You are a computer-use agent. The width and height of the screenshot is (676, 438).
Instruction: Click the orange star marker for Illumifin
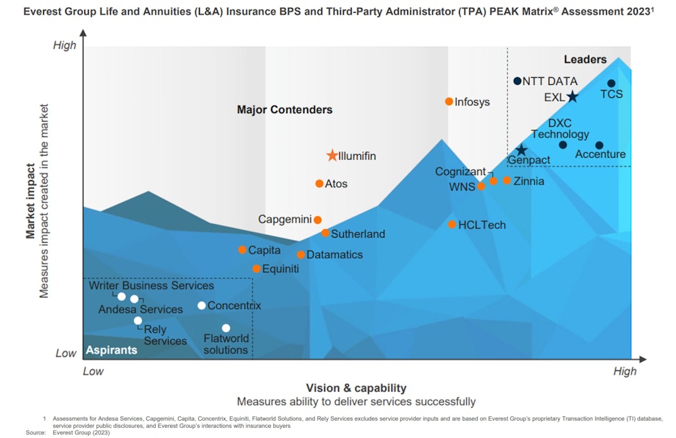[x=332, y=156]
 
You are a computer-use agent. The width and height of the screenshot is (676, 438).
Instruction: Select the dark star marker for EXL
[x=572, y=97]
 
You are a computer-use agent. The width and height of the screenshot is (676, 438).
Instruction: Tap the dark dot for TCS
[x=611, y=84]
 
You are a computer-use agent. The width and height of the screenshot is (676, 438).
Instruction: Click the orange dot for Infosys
[x=449, y=102]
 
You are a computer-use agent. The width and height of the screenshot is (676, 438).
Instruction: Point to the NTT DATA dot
[x=517, y=81]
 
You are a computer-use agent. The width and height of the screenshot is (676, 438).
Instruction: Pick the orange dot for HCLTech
[x=452, y=225]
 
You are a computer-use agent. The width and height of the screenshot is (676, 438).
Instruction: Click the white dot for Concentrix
[x=202, y=305]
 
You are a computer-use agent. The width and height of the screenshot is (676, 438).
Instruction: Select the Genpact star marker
[x=521, y=150]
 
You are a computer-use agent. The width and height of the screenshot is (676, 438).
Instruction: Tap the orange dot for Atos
[x=319, y=184]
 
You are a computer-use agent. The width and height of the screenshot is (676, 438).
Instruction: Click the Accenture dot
[x=599, y=146]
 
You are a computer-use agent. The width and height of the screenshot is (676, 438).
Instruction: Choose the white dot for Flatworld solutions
[x=226, y=328]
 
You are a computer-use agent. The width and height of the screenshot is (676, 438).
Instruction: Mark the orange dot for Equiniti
[x=257, y=269]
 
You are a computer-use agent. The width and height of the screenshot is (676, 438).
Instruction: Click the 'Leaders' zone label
[x=584, y=60]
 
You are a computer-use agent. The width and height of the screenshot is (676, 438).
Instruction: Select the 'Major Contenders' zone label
[x=285, y=110]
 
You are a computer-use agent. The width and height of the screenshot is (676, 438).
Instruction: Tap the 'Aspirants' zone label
[x=112, y=350]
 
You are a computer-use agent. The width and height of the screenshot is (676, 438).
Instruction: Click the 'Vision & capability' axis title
[x=356, y=388]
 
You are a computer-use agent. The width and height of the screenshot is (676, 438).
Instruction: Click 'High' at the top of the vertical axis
[x=65, y=45]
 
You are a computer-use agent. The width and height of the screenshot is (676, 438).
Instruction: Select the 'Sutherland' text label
[x=357, y=234]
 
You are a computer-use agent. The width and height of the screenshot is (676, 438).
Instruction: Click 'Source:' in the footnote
[x=36, y=432]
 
